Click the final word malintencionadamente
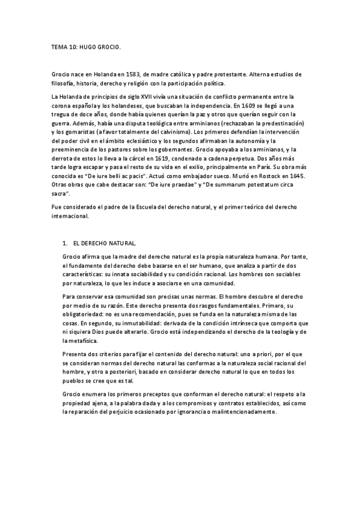pyautogui.click(x=246, y=413)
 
